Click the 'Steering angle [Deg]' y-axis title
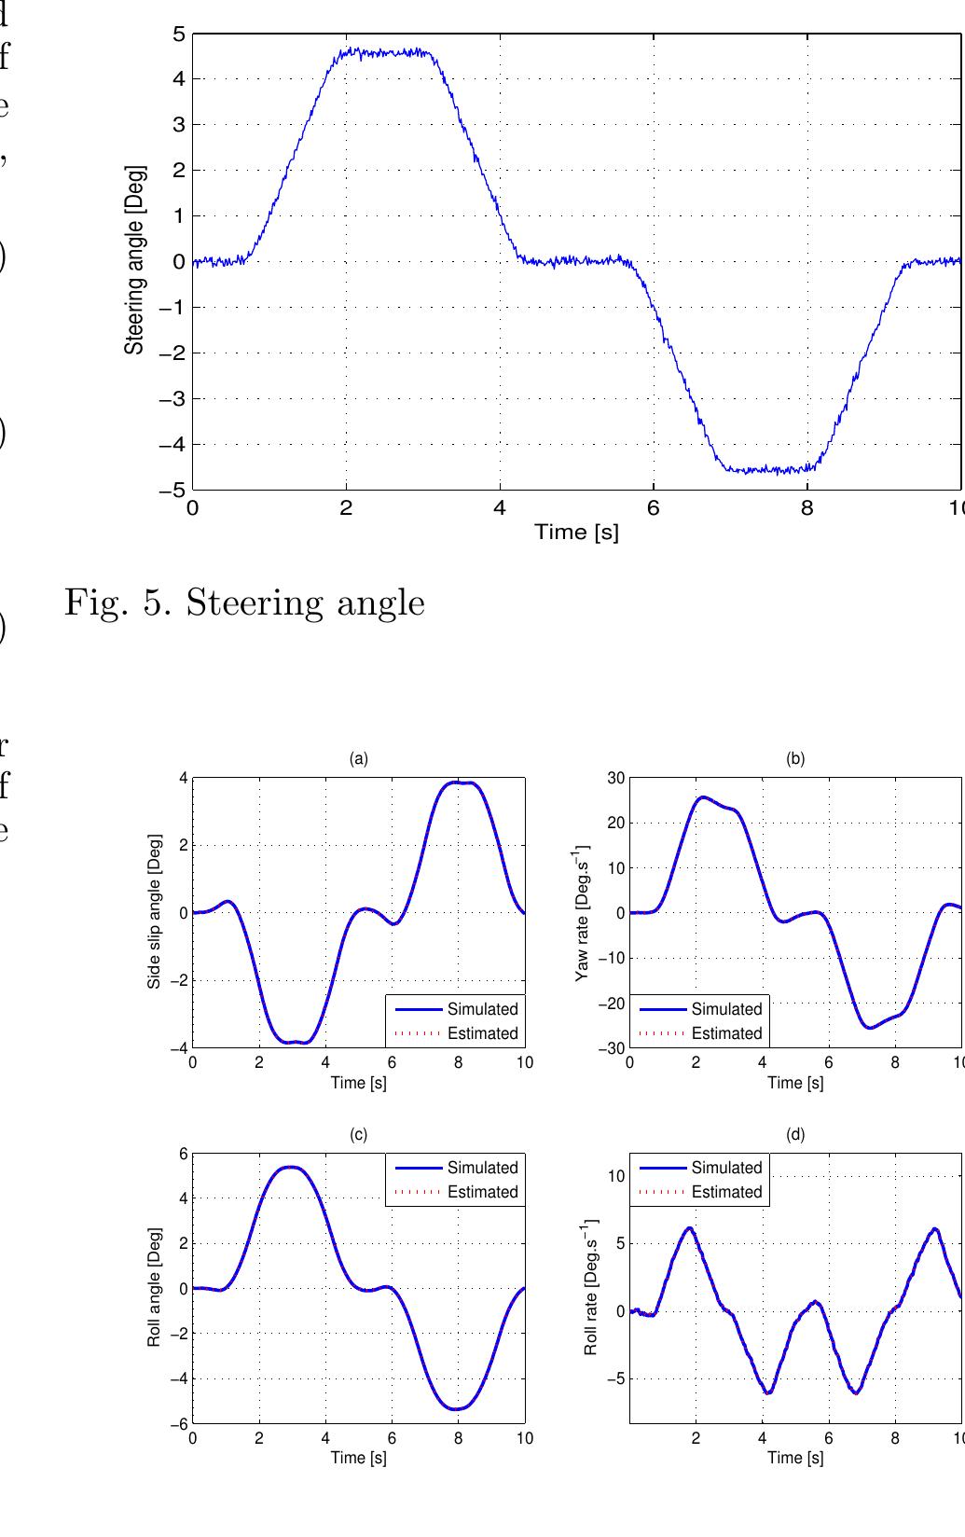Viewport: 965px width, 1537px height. (135, 260)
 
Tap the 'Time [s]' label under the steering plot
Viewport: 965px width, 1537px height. (576, 532)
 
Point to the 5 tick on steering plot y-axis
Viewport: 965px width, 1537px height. (178, 35)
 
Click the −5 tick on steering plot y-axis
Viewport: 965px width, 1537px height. (173, 491)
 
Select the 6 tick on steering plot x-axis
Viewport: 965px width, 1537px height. (653, 508)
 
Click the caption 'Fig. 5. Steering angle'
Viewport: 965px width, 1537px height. (244, 603)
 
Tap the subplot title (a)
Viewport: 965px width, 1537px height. (359, 759)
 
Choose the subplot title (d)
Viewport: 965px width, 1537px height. (795, 1135)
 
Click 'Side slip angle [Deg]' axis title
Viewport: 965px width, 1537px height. (156, 912)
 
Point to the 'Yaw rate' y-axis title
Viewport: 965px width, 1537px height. (584, 912)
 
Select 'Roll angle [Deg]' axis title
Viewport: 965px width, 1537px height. (156, 1288)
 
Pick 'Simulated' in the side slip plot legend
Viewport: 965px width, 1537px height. (482, 1009)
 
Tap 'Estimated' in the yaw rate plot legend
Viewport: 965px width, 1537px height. (726, 1033)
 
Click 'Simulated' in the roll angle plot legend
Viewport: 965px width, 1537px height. (482, 1168)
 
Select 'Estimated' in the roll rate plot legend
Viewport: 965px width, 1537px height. (726, 1192)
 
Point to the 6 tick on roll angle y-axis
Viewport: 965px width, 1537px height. (183, 1154)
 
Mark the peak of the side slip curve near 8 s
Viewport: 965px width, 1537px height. (459, 782)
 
